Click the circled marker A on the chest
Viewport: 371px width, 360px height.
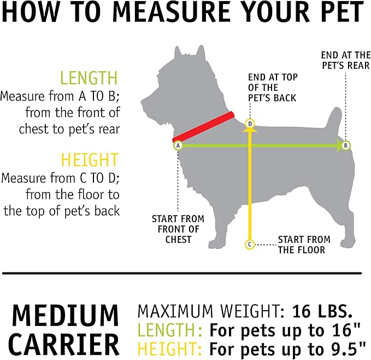(178, 146)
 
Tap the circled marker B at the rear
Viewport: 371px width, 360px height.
(346, 146)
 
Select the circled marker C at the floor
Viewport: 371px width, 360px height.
(250, 244)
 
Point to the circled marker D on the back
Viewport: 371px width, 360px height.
(250, 124)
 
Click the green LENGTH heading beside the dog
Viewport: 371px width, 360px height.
(89, 78)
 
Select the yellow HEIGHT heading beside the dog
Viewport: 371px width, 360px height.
(90, 160)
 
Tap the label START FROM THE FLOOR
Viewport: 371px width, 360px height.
(304, 245)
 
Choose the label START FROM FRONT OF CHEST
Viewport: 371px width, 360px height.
(175, 229)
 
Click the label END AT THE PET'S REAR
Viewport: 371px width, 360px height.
(345, 60)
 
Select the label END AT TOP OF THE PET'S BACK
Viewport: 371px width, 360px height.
(273, 88)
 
